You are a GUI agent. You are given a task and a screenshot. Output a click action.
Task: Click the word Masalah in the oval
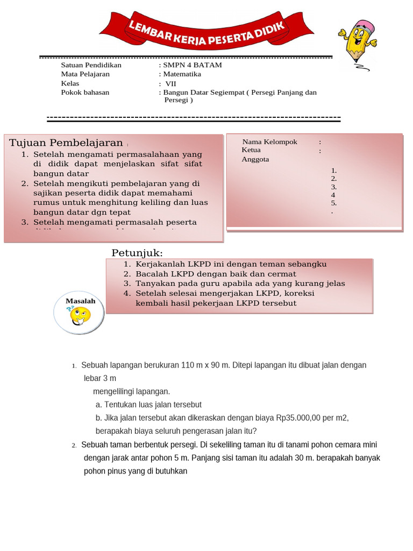[x=80, y=301]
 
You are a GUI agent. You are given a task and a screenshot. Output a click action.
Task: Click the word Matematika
[x=182, y=74]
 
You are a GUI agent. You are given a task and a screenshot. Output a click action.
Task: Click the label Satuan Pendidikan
[x=91, y=65]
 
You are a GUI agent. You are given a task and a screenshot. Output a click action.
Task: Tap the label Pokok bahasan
[x=85, y=93]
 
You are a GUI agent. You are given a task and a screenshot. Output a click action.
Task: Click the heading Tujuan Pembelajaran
[x=66, y=143]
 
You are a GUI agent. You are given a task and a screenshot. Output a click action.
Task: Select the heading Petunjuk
[x=137, y=253]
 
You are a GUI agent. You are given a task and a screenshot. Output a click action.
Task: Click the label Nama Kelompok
[x=270, y=142]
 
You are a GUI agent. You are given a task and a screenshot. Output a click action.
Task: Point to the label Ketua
[x=251, y=150]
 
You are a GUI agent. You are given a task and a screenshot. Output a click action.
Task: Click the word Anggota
[x=255, y=159]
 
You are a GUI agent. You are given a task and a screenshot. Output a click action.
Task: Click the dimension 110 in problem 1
[x=188, y=365]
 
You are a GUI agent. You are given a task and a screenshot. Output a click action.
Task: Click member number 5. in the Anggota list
[x=334, y=203]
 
